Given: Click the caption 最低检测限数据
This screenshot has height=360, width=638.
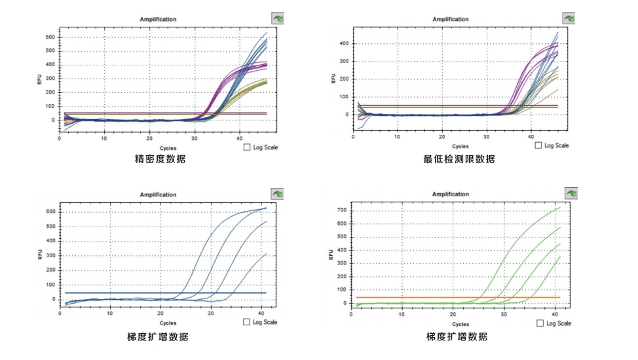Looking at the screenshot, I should coord(459,159).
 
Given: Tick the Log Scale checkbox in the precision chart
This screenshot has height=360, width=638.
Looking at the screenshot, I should coord(248,148).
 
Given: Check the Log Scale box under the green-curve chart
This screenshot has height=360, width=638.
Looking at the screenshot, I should coord(540,323).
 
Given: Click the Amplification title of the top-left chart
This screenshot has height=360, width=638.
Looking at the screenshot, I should coord(158,19).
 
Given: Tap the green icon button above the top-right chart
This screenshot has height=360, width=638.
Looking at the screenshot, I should coord(571,18).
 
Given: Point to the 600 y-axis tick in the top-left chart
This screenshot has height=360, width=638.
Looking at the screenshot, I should coord(50,37).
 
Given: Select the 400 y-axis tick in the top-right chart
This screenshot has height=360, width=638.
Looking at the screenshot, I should coord(343,44).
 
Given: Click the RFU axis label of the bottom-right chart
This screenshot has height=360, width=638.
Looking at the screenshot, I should coord(332,254).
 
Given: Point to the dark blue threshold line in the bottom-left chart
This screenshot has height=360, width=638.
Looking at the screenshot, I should coord(131,293).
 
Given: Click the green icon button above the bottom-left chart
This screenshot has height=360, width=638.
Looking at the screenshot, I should coord(278,194).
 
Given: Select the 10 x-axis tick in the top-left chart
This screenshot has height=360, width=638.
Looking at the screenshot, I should coord(104,138).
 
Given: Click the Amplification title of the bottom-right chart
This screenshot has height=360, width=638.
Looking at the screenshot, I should coord(451,194).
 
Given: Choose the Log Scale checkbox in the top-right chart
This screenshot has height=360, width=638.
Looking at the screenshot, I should coord(539,145).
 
